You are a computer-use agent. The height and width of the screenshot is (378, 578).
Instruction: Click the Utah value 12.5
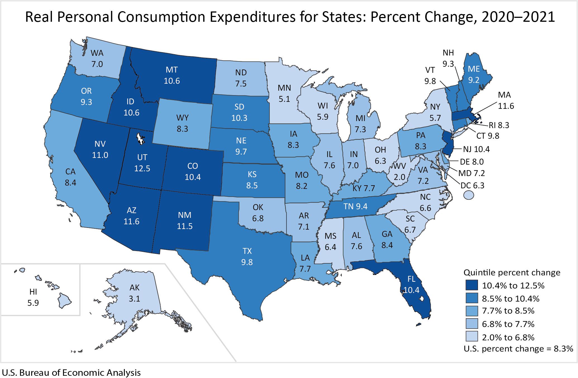pos(142,168)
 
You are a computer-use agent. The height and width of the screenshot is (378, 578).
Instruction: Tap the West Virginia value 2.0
pos(399,177)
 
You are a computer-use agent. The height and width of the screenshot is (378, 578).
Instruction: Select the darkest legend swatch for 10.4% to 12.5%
pos(471,285)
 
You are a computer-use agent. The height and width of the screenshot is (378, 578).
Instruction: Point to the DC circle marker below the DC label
pos(469,195)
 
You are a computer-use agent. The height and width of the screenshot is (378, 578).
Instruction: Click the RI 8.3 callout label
pos(499,125)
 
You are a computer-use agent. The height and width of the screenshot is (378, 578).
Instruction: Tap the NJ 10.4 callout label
pos(476,149)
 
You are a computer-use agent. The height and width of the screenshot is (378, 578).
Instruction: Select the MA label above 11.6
pos(504,95)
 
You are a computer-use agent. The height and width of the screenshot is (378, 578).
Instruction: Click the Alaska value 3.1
pos(134,299)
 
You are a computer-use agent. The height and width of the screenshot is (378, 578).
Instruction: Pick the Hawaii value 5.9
pos(33,303)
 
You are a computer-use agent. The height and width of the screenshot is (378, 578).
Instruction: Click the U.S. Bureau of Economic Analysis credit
pos(71,372)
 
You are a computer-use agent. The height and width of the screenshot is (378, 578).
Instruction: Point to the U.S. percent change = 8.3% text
pos(518,349)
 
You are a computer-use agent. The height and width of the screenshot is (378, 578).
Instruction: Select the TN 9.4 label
pos(355,206)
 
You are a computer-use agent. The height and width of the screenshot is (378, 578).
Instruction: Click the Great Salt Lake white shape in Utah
pos(140,138)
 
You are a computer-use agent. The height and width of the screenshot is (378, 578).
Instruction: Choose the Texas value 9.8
pos(247,262)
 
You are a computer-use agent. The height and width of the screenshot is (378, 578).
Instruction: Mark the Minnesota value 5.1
pos(284,99)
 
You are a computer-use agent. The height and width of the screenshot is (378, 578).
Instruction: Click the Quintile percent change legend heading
pos(512,273)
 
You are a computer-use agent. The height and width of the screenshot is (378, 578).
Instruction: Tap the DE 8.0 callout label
pos(472,162)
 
